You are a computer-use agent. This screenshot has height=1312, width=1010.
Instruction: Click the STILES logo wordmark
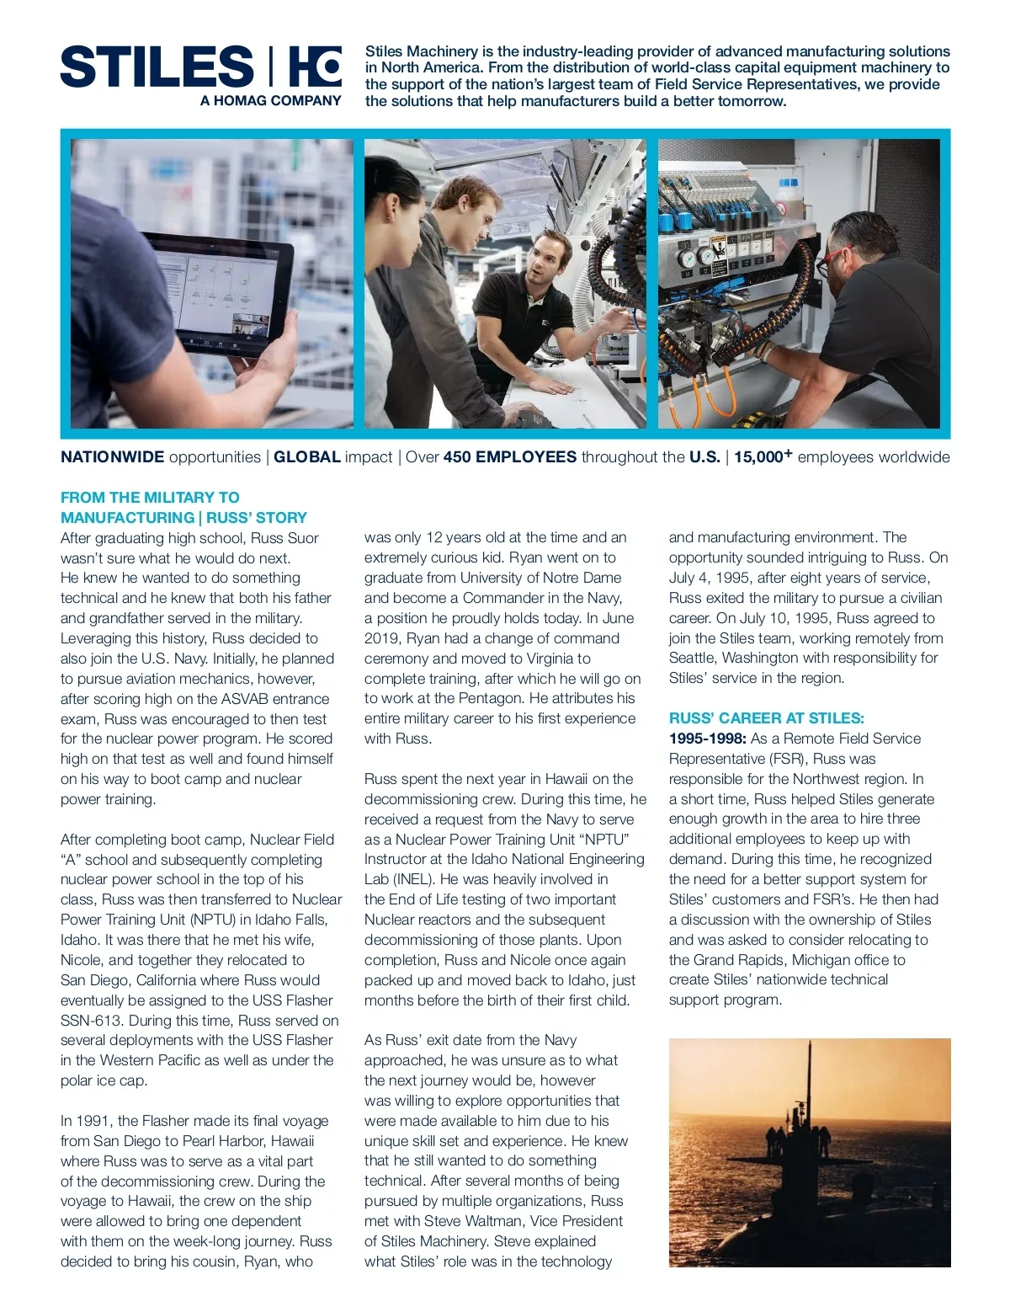click(157, 67)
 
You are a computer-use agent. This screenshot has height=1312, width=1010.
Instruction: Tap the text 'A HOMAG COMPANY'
click(270, 101)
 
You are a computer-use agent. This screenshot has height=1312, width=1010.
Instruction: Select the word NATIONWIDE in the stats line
click(112, 457)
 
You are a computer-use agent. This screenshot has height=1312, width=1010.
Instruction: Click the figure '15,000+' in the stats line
click(763, 457)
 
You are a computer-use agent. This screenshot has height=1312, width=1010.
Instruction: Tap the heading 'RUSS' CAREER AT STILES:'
click(766, 718)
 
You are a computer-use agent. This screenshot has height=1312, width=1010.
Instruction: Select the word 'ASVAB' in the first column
click(251, 699)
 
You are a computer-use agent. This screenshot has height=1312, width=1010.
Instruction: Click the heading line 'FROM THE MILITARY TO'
click(150, 498)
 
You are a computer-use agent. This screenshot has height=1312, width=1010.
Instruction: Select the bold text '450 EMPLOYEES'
click(509, 457)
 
